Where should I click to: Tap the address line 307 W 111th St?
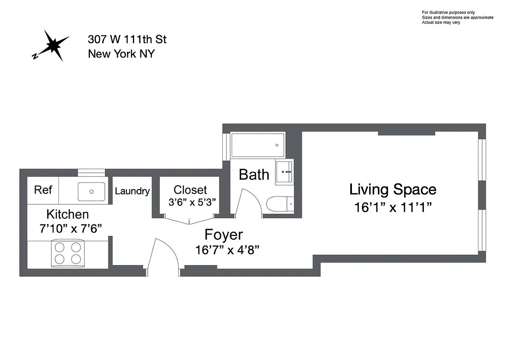pyautogui.click(x=127, y=40)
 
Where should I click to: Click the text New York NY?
pyautogui.click(x=121, y=54)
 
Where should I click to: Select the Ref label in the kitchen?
pyautogui.click(x=43, y=190)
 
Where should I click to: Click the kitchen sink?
pyautogui.click(x=91, y=191)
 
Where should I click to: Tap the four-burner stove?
pyautogui.click(x=68, y=253)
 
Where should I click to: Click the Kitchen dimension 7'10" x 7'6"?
pyautogui.click(x=71, y=229)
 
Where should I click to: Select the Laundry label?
pyautogui.click(x=132, y=191)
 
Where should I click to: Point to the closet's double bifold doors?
pyautogui.click(x=189, y=220)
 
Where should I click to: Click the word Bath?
pyautogui.click(x=254, y=175)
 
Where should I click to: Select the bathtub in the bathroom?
pyautogui.click(x=257, y=145)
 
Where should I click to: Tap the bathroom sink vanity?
pyautogui.click(x=284, y=171)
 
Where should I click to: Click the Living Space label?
pyautogui.click(x=392, y=189)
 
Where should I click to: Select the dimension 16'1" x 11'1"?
pyautogui.click(x=393, y=208)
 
